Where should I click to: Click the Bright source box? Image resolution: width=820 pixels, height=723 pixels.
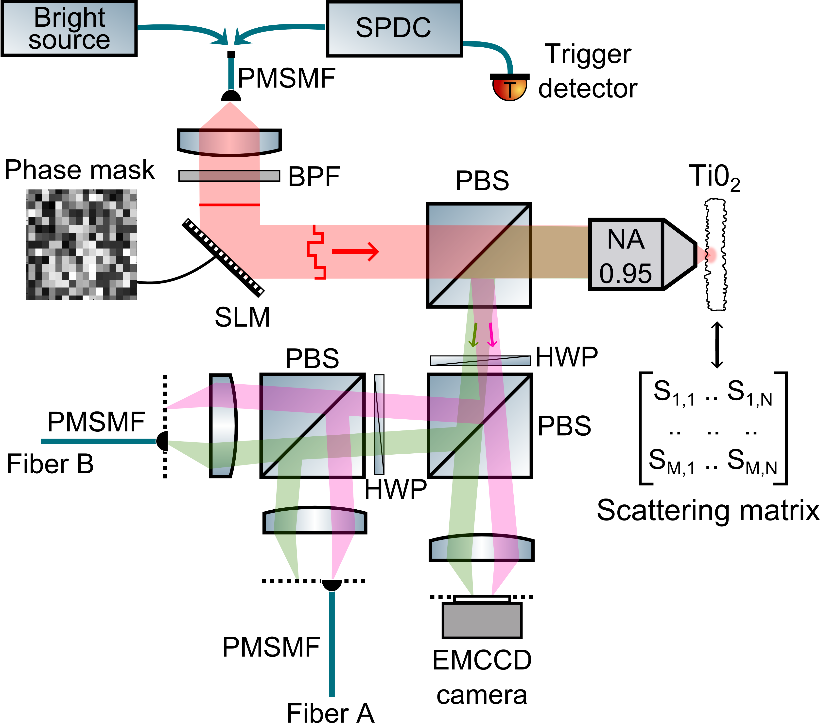click(x=69, y=29)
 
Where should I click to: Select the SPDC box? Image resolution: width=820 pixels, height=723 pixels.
click(x=394, y=29)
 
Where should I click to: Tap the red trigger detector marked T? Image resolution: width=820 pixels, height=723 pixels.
click(x=509, y=89)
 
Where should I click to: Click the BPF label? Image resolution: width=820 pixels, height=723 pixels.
click(x=314, y=177)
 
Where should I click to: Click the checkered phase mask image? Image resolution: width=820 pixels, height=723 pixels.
click(x=81, y=244)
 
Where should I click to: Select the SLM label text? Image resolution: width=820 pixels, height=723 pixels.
click(x=242, y=317)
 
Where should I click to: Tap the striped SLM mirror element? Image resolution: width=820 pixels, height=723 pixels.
click(x=223, y=258)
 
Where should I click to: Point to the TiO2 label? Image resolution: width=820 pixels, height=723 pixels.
click(x=714, y=177)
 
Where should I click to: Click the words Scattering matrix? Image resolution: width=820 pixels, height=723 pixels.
click(x=708, y=511)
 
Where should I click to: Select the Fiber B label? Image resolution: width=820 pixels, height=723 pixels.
click(x=50, y=464)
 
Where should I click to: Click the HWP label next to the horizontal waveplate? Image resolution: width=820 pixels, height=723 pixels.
click(x=566, y=357)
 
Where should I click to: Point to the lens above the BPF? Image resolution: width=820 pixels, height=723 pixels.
click(x=229, y=141)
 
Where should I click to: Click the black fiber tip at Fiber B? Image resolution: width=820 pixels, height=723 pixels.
click(x=162, y=441)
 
